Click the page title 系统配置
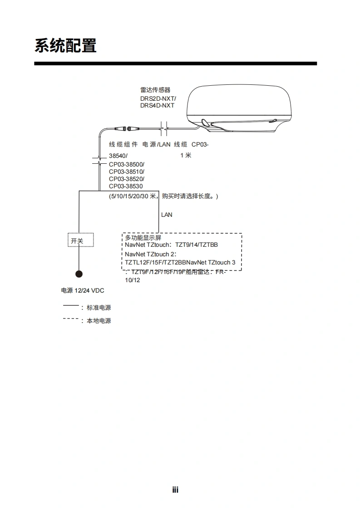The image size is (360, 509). [65, 45]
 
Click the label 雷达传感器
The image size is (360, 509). [155, 90]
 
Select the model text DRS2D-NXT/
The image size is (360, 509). [158, 98]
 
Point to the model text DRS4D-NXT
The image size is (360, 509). [157, 106]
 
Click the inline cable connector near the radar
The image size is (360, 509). [128, 128]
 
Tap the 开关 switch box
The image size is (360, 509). [80, 240]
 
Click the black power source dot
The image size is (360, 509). [79, 274]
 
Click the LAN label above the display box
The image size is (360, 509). [167, 215]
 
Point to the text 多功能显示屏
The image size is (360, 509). [143, 238]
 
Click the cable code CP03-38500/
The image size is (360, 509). [127, 164]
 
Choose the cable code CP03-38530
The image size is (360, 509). [126, 186]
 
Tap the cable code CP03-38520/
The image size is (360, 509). [127, 179]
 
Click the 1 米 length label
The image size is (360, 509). [186, 155]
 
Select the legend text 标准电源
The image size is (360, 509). [99, 308]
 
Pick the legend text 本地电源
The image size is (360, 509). [99, 321]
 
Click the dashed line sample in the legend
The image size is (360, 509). [70, 319]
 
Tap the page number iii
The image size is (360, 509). [175, 490]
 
